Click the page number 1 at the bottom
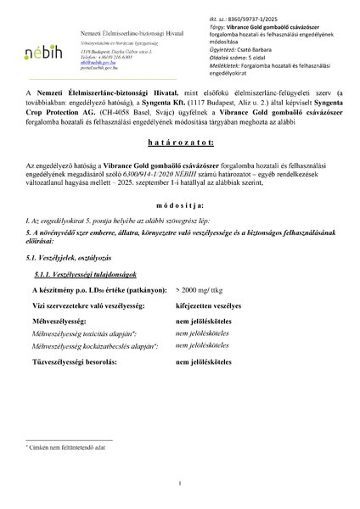click(x=180, y=484)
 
